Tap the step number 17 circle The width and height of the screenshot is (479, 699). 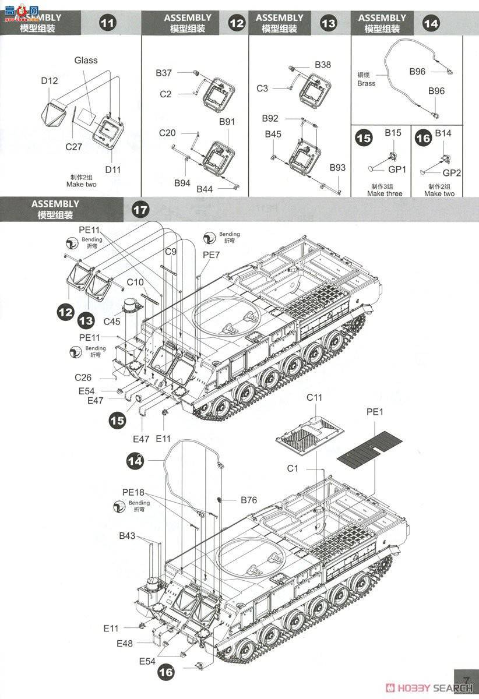(140, 210)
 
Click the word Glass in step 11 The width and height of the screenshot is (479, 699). (86, 60)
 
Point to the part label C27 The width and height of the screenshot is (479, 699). (73, 147)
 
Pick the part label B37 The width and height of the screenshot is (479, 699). (164, 73)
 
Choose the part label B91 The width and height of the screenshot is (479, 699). (227, 122)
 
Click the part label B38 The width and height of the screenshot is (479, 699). (323, 65)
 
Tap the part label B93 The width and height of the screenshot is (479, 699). (337, 168)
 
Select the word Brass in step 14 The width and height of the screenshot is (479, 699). (367, 83)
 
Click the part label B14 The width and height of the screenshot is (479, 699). (443, 133)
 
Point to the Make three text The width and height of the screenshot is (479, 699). (385, 193)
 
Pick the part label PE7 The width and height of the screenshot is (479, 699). (211, 255)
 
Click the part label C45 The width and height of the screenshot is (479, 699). (112, 321)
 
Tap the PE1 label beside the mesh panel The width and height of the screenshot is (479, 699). (375, 411)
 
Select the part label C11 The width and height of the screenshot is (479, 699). (314, 397)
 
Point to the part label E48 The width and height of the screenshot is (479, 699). (125, 643)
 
